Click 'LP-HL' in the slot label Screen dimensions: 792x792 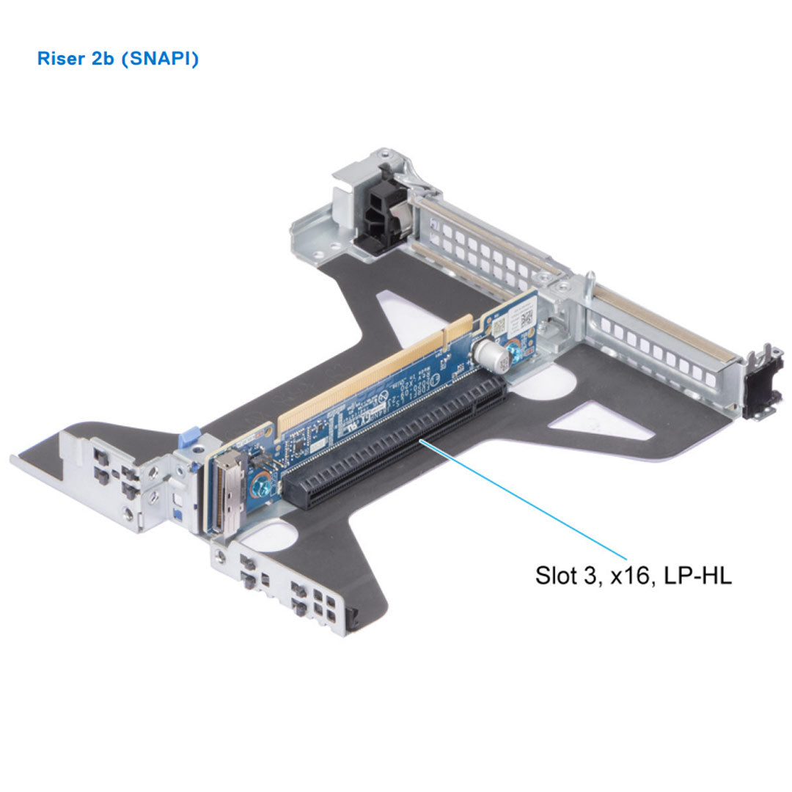(x=697, y=575)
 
